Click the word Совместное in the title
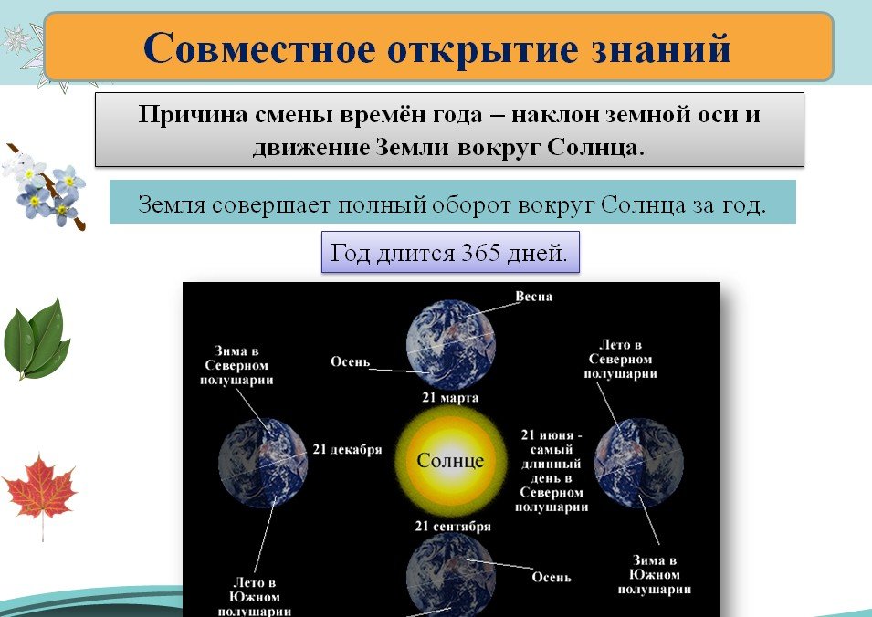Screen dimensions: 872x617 (259, 48)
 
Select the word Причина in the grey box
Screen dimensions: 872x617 (193, 115)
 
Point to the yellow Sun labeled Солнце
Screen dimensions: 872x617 (451, 461)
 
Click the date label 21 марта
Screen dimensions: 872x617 (450, 397)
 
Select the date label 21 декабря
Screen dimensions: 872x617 (347, 449)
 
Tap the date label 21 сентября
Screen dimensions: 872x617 (453, 526)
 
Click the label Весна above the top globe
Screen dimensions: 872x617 (534, 297)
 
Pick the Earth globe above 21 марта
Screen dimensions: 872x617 (450, 345)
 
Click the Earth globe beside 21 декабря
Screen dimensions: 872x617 (263, 463)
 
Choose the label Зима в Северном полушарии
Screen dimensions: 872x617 (236, 366)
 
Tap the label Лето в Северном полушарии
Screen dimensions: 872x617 (621, 359)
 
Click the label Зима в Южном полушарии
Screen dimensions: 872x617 (655, 575)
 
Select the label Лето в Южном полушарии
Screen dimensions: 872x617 (255, 597)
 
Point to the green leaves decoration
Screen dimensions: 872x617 (37, 339)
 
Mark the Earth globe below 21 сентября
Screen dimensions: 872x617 (450, 575)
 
